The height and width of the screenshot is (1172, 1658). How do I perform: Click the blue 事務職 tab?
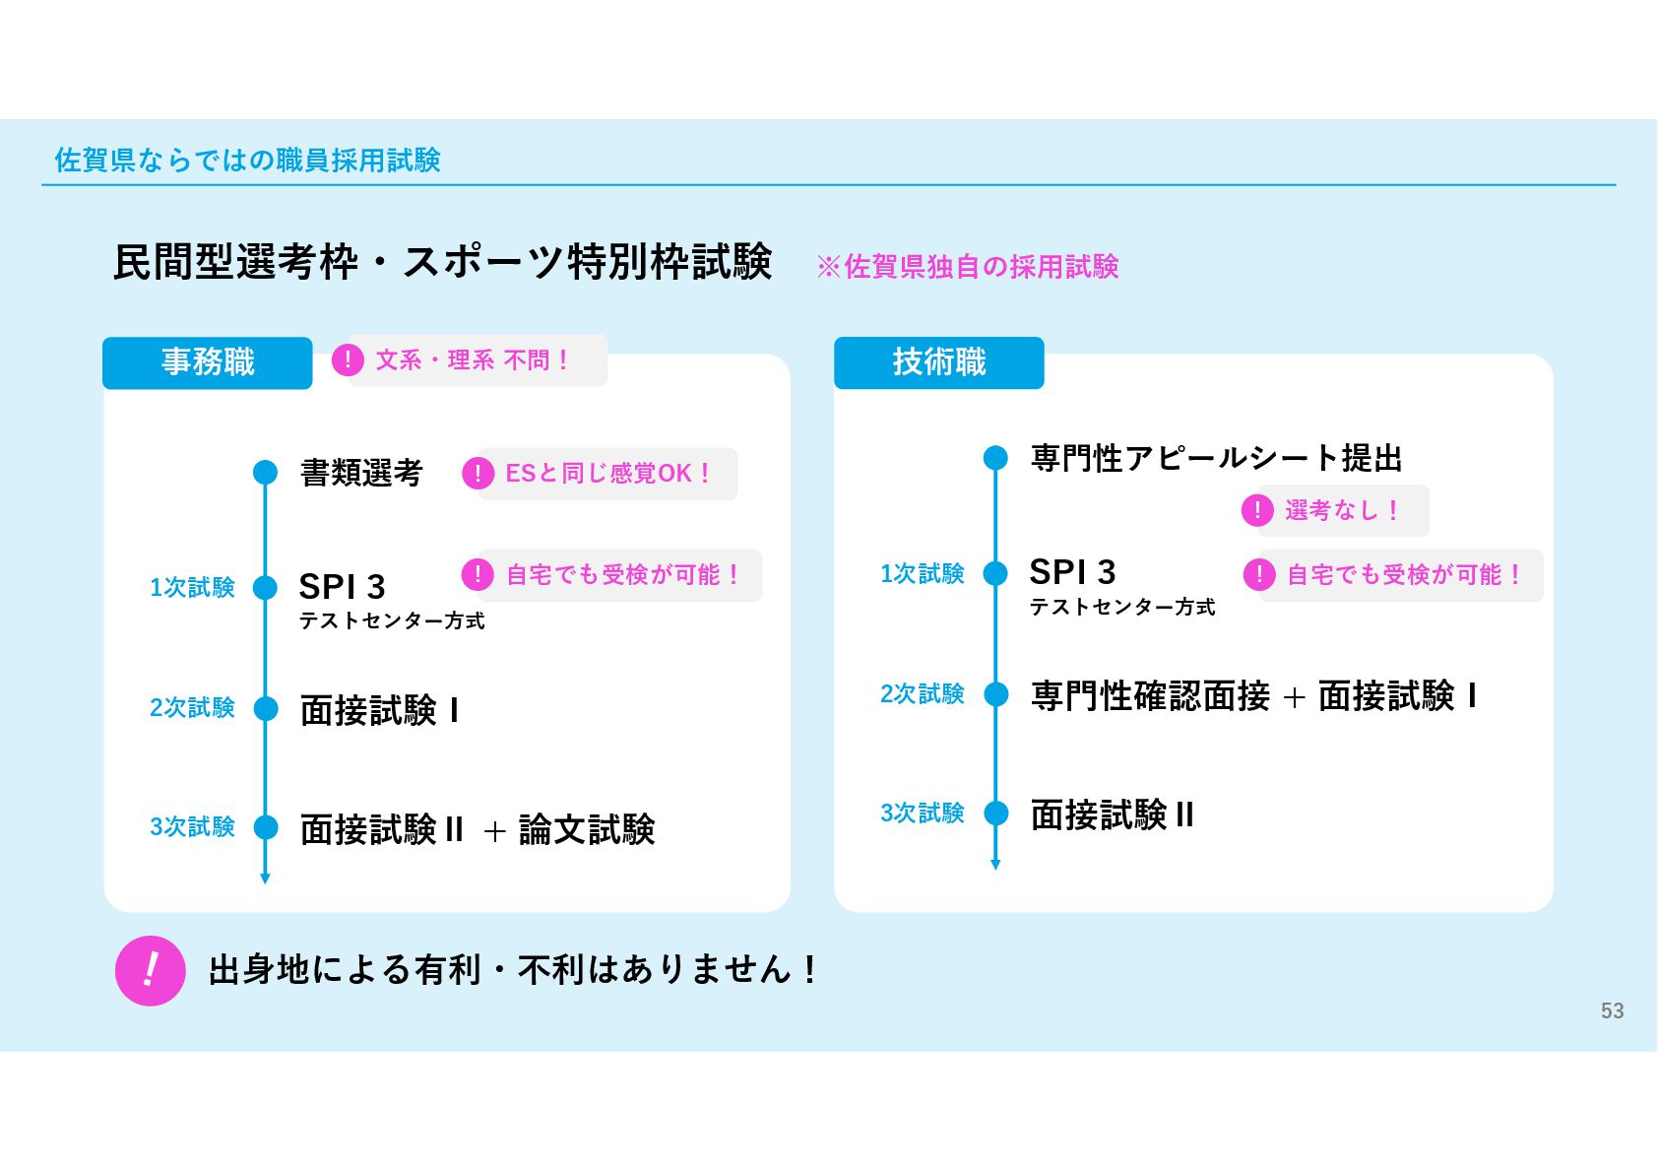point(208,362)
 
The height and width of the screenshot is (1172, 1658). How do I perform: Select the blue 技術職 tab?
point(938,362)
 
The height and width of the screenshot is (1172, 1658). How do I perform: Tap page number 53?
point(1612,1010)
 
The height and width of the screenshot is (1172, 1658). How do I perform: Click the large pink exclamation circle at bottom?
point(151,970)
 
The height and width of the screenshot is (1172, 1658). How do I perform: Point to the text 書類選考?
point(360,473)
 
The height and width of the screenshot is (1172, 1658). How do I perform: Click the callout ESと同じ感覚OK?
point(601,474)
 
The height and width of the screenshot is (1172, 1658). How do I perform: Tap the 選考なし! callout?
point(1334,510)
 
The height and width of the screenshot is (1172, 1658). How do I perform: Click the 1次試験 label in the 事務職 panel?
point(192,588)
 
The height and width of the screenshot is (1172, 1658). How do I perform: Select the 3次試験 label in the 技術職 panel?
point(922,814)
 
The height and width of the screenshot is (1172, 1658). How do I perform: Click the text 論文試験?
point(587,829)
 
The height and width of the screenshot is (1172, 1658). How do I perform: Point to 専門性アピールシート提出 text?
point(1216,458)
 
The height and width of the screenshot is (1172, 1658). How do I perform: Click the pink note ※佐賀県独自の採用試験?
point(968,266)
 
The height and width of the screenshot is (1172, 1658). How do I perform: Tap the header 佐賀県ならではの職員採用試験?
point(247,160)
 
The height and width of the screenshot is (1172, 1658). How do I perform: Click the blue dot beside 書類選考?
point(265,473)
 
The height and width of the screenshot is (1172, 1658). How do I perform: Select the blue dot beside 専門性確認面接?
point(996,695)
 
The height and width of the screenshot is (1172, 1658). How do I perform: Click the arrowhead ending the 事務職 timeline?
point(265,878)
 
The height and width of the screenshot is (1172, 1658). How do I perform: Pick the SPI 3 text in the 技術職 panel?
point(1072,572)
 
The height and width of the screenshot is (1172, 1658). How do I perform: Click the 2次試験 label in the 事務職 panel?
point(192,708)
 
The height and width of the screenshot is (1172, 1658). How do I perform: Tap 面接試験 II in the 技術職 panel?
point(1112,814)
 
